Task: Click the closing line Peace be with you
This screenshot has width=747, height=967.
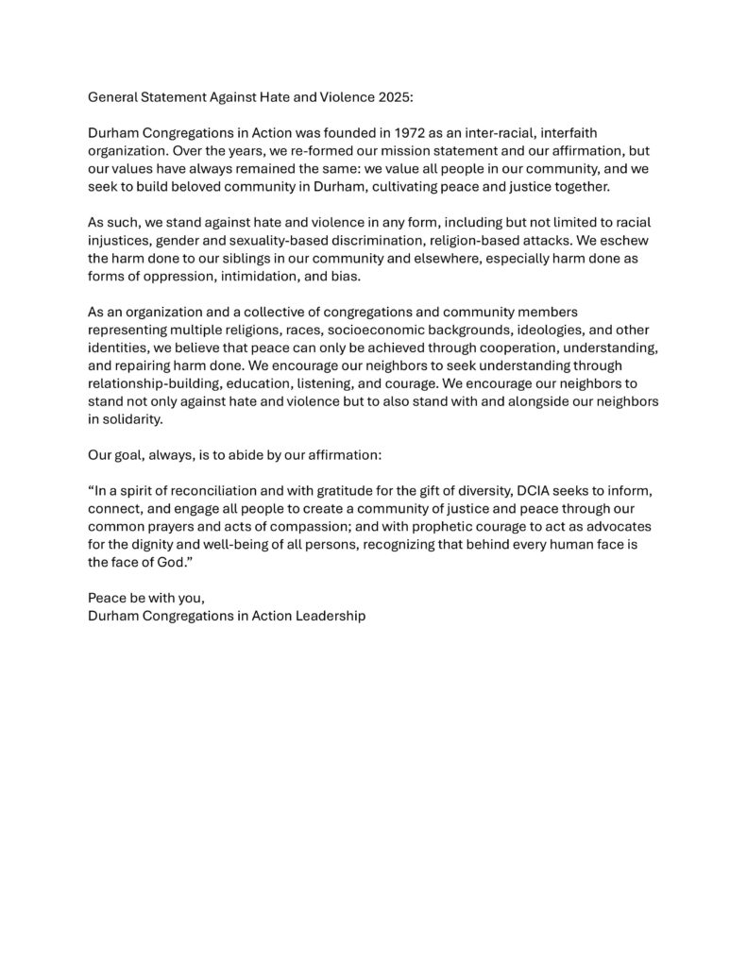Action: pyautogui.click(x=145, y=598)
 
